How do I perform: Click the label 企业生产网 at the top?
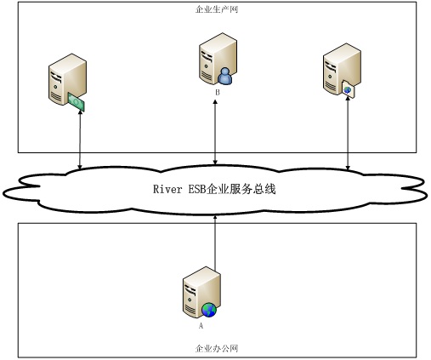pyautogui.click(x=217, y=9)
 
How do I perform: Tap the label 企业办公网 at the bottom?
pyautogui.click(x=217, y=348)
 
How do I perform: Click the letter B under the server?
pyautogui.click(x=218, y=93)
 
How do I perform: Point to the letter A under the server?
pyautogui.click(x=201, y=325)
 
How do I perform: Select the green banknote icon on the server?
pyautogui.click(x=77, y=101)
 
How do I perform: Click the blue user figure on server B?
pyautogui.click(x=225, y=76)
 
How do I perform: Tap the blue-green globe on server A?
pyautogui.click(x=209, y=310)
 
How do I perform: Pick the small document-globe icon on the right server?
pyautogui.click(x=348, y=89)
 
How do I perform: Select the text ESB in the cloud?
pyautogui.click(x=197, y=189)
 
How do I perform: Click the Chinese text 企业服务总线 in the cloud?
pyautogui.click(x=241, y=189)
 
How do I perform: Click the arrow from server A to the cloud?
pyautogui.click(x=215, y=243)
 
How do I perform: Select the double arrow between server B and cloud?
pyautogui.click(x=215, y=132)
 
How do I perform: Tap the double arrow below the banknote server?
pyautogui.click(x=80, y=140)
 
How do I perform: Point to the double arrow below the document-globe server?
pyautogui.click(x=348, y=134)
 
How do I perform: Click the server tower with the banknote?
pyautogui.click(x=67, y=79)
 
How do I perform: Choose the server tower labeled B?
pyautogui.click(x=218, y=59)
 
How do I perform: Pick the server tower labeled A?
pyautogui.click(x=201, y=292)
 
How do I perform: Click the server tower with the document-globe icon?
pyautogui.click(x=342, y=69)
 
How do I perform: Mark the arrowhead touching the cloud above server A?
pyautogui.click(x=215, y=216)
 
